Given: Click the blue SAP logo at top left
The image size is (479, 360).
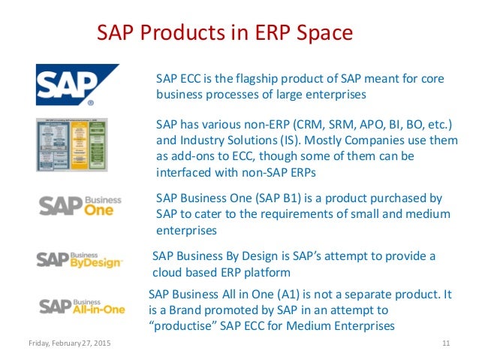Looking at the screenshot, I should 77,83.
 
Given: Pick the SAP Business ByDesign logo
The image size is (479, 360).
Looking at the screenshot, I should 80,259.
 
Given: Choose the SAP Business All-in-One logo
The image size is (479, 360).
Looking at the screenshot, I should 82,305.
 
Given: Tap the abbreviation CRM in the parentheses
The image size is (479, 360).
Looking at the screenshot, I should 328,123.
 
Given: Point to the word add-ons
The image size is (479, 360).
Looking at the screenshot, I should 199,156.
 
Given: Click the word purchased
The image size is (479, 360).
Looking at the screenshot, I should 399,198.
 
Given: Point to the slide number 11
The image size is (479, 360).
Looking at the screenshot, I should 446,344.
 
